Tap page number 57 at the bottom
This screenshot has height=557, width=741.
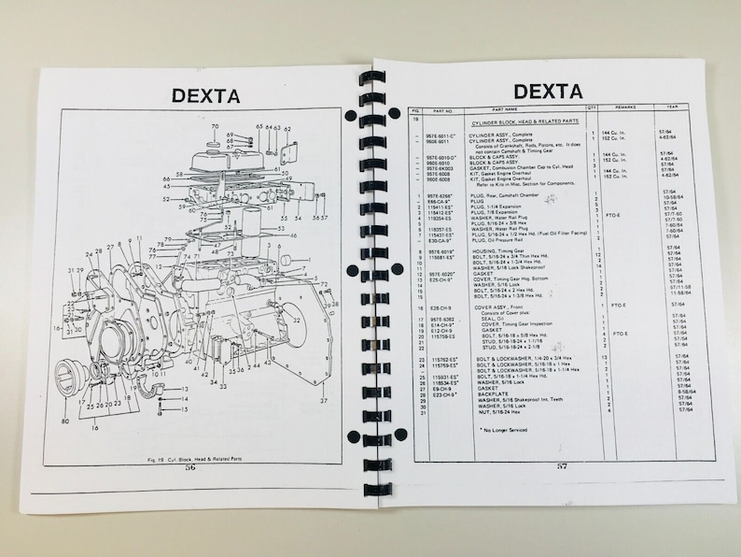click(x=562, y=465)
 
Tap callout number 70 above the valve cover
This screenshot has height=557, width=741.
click(x=215, y=126)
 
